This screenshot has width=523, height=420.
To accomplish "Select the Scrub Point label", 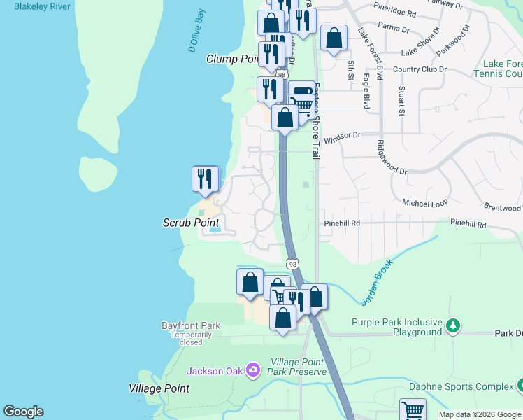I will [190, 223].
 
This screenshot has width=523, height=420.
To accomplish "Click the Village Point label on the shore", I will [159, 388].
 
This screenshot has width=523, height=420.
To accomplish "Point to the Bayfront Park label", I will [190, 325].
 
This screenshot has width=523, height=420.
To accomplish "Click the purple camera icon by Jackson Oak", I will [253, 370].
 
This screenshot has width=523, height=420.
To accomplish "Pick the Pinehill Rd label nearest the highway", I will [341, 223].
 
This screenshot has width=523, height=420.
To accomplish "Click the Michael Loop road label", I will [424, 202].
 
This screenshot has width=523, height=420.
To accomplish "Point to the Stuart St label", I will [401, 101].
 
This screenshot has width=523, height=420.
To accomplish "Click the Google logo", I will [24, 412].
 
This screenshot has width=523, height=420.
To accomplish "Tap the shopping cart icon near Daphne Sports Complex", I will [412, 409].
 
